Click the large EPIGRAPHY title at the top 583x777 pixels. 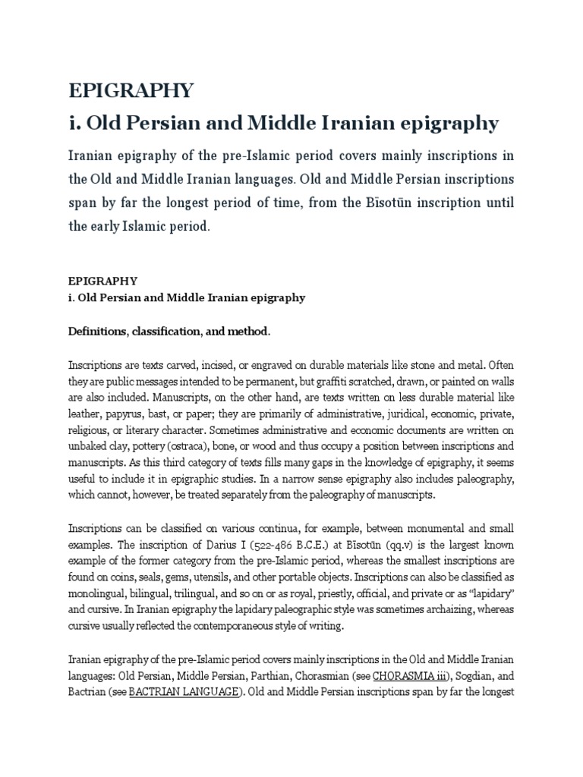tap(131, 91)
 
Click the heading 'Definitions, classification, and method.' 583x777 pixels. tap(169, 332)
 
